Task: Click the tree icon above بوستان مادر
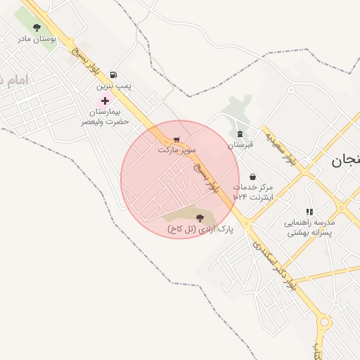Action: (x=37, y=27)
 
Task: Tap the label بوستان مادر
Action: (x=37, y=38)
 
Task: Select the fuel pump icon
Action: (x=114, y=75)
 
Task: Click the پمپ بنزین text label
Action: (x=114, y=86)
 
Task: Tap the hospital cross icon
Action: (x=105, y=101)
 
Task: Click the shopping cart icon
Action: (x=176, y=139)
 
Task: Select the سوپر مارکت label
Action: (x=176, y=150)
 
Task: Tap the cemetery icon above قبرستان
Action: (x=240, y=134)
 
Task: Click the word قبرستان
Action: (x=240, y=145)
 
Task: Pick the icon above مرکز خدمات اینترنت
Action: (x=252, y=177)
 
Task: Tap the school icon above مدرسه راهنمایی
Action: (x=309, y=211)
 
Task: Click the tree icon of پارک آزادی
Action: (x=200, y=218)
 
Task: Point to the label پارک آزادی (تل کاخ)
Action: (x=200, y=229)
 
